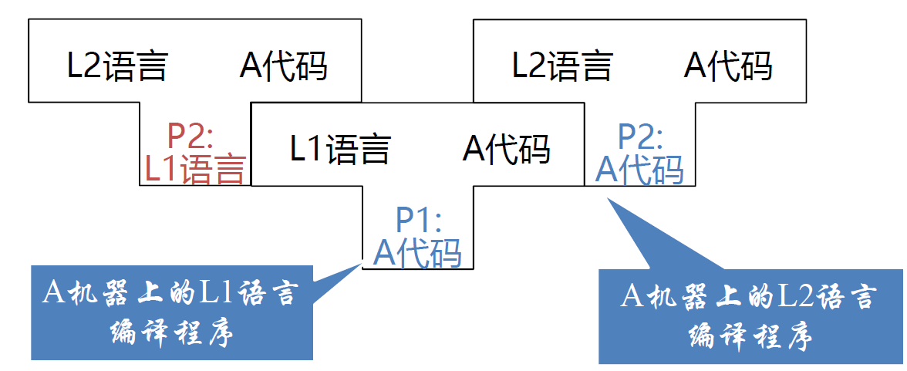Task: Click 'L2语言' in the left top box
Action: [116, 66]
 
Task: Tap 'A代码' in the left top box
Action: [283, 66]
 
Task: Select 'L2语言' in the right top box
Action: [561, 66]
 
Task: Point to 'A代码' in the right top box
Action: [728, 66]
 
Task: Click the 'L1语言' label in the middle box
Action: [340, 148]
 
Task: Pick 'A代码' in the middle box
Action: [506, 148]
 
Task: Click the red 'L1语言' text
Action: [195, 168]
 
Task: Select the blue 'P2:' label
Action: [640, 137]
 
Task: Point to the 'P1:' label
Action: [418, 221]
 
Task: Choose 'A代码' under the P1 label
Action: [418, 252]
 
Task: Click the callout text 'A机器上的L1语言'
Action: [170, 294]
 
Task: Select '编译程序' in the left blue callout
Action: [171, 334]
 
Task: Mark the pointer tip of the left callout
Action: [360, 263]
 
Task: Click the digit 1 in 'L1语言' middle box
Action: [315, 148]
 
